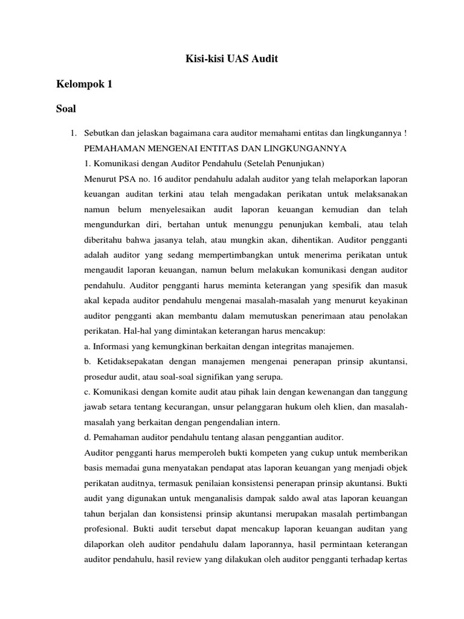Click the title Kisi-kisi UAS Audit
(231, 59)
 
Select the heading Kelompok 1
(84, 85)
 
